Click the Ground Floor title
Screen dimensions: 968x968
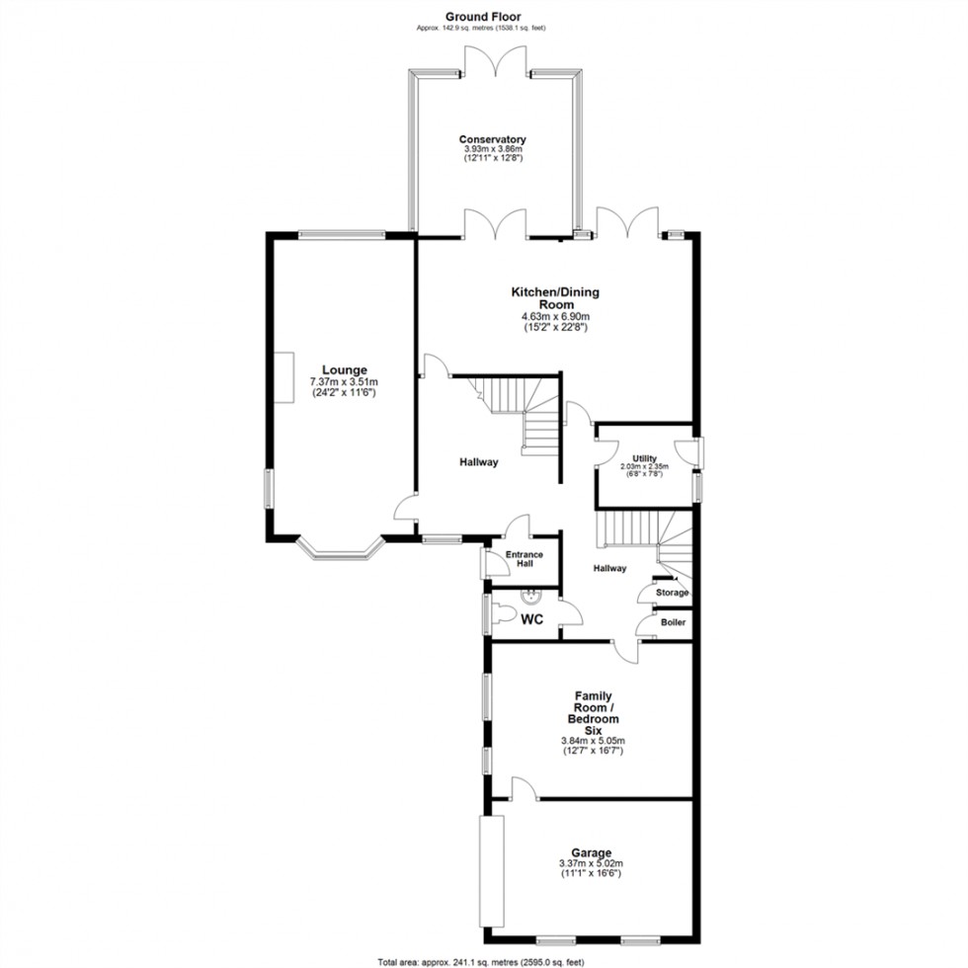pyautogui.click(x=483, y=16)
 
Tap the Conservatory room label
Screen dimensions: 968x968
pyautogui.click(x=492, y=140)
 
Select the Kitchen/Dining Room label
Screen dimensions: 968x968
pyautogui.click(x=554, y=298)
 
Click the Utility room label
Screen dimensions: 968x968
pyautogui.click(x=644, y=459)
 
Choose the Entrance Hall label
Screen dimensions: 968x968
pyautogui.click(x=524, y=560)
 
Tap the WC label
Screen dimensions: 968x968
pyautogui.click(x=532, y=620)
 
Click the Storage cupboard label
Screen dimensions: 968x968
pyautogui.click(x=672, y=593)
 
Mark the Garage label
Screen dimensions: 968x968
pyautogui.click(x=590, y=852)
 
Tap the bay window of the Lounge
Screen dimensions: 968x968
pyautogui.click(x=339, y=549)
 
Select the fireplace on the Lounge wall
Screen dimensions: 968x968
pyautogui.click(x=283, y=377)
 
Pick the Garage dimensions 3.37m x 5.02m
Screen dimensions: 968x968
pyautogui.click(x=590, y=864)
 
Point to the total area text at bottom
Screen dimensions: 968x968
pyautogui.click(x=483, y=961)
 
